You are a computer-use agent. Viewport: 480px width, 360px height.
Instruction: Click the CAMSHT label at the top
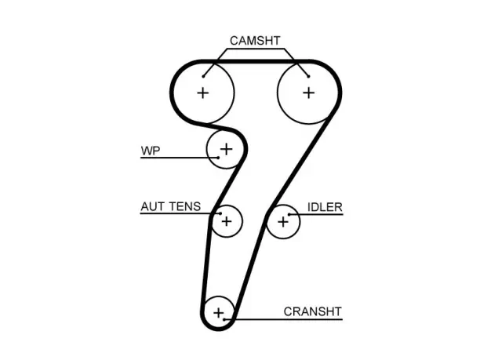tap(255, 41)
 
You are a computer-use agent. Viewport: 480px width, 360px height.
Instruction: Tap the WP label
tap(151, 151)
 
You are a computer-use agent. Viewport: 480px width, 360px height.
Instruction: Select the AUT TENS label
tap(170, 206)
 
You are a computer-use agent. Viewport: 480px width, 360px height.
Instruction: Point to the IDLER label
tap(325, 207)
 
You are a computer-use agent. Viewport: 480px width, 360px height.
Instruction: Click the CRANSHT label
tap(313, 311)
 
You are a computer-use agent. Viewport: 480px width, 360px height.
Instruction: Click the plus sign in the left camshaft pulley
tap(203, 93)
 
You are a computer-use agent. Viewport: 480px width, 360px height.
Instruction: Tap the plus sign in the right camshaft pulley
tap(308, 93)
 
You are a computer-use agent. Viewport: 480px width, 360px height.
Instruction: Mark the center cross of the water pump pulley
tap(227, 149)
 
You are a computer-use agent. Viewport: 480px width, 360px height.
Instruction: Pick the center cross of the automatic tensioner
tap(227, 221)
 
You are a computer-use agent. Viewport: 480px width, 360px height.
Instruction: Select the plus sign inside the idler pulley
tap(283, 222)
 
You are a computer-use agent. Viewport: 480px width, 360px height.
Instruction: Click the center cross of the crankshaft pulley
tap(219, 313)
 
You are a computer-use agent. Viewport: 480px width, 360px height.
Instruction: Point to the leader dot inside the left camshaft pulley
tap(203, 76)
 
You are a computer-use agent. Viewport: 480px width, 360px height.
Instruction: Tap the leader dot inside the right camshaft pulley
tap(308, 76)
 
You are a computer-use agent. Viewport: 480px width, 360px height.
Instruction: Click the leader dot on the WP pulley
tap(218, 158)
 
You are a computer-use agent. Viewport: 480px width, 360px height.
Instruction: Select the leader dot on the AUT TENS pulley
tap(220, 213)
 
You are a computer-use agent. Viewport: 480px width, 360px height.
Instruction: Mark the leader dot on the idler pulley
tap(289, 214)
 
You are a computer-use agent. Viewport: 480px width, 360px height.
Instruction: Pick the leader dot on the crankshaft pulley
tap(224, 319)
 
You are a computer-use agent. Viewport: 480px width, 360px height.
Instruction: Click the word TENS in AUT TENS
tap(184, 206)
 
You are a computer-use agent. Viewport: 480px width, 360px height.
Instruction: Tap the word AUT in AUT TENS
tap(152, 206)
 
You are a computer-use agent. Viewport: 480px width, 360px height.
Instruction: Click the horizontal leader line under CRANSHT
tap(283, 319)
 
